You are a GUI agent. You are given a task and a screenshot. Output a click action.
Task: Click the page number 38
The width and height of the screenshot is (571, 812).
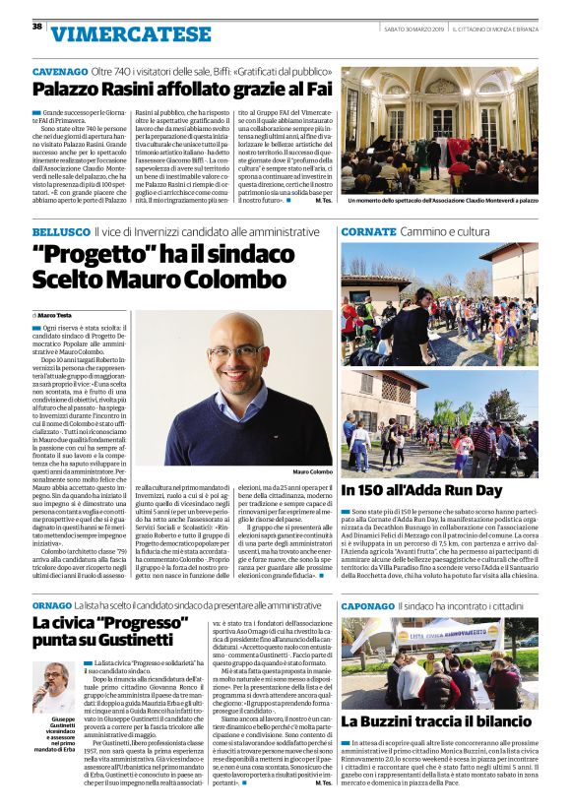pos(36,26)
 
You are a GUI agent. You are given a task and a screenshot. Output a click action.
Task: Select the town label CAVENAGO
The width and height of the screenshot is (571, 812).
pos(59,73)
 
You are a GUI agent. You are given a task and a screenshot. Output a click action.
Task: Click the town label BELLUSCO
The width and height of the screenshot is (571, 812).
pos(60,231)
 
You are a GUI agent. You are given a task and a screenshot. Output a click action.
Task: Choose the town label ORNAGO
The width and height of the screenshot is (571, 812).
pos(52,604)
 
